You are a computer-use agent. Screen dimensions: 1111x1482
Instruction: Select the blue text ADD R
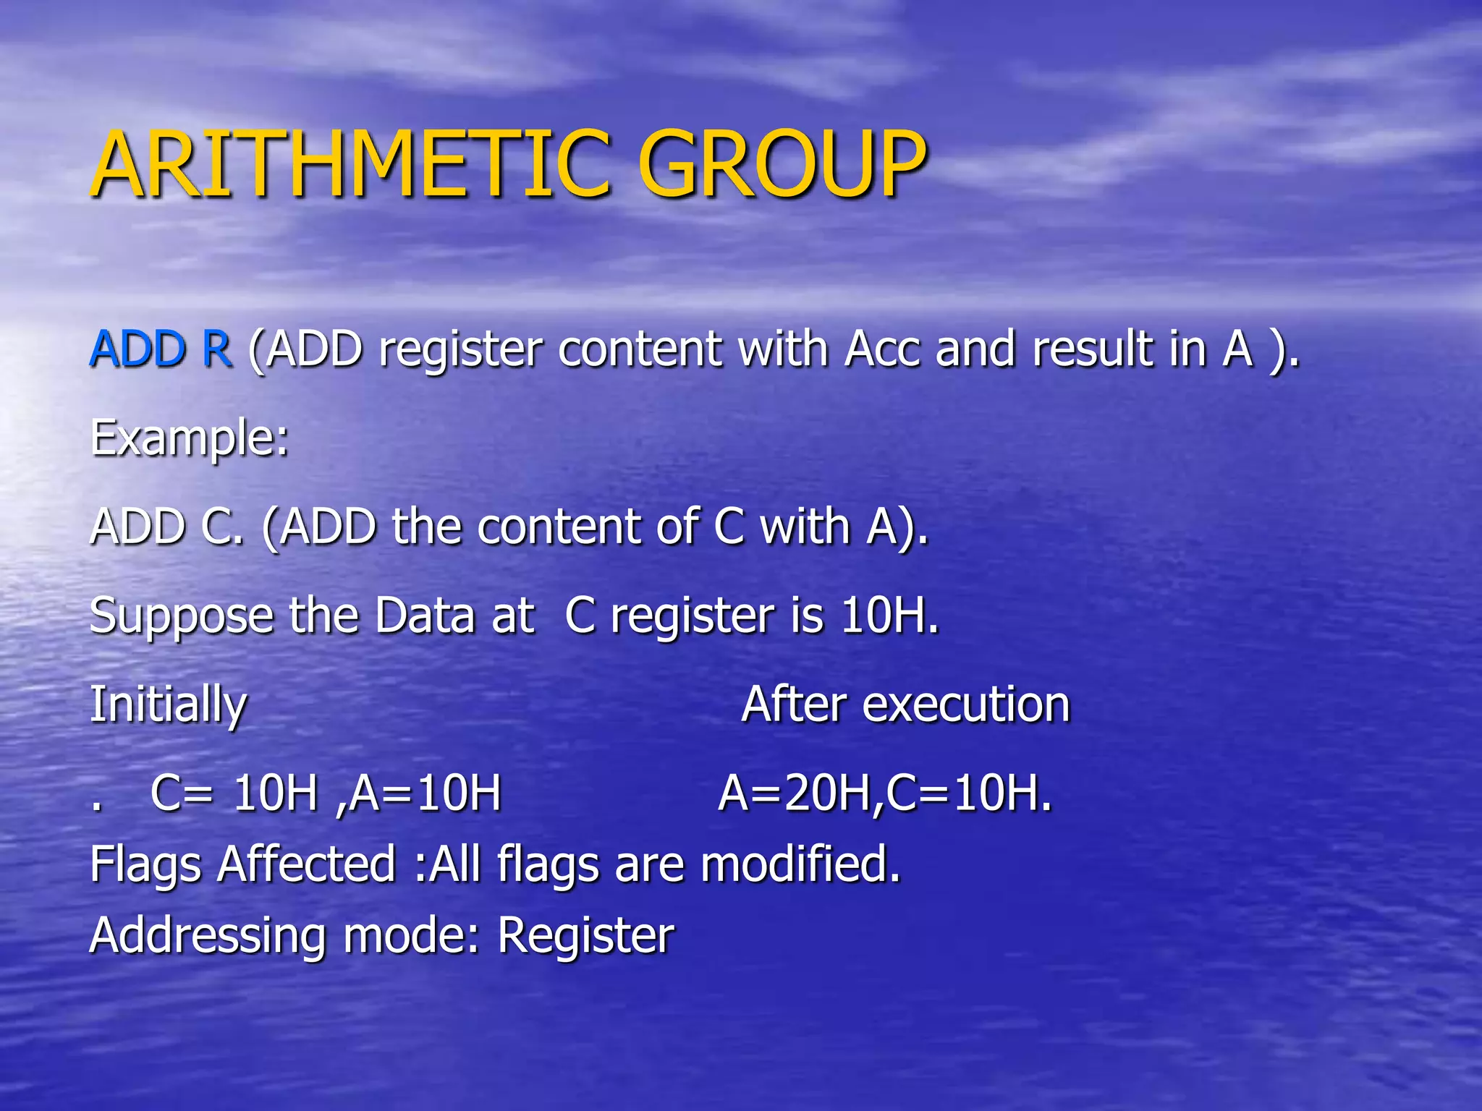(161, 349)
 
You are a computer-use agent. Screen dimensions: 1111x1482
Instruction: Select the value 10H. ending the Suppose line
(889, 616)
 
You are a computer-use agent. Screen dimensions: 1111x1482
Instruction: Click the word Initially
(168, 705)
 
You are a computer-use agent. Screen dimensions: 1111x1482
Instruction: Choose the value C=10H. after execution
(969, 793)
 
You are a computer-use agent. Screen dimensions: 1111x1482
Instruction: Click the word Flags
(145, 865)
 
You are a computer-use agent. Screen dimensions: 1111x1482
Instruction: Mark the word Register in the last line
(585, 936)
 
